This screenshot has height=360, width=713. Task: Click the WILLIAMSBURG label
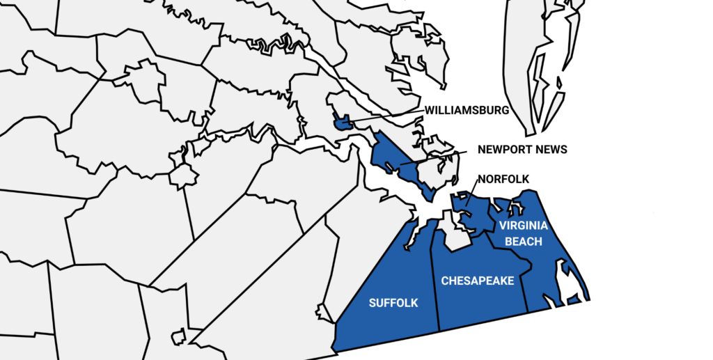(467, 110)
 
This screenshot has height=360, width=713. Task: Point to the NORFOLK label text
(503, 179)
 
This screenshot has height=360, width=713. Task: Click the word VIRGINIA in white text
(523, 226)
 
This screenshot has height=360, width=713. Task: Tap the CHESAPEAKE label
(478, 281)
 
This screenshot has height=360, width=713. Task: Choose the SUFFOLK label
(393, 303)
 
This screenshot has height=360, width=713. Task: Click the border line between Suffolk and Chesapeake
(435, 279)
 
